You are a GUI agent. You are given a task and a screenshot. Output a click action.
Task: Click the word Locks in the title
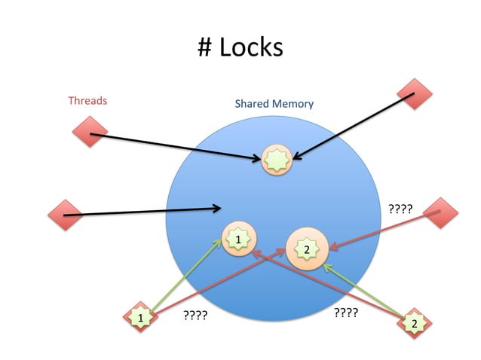[x=252, y=47]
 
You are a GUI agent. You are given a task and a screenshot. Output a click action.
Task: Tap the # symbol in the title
[x=205, y=47]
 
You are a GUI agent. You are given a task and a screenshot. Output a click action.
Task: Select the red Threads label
[x=87, y=100]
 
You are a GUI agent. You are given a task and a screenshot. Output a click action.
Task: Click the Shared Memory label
[x=274, y=103]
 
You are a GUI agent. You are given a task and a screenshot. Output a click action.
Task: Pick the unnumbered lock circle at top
[x=277, y=159]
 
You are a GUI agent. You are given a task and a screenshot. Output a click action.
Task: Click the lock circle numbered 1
[x=237, y=239]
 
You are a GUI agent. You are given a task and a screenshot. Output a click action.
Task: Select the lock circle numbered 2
[x=306, y=248]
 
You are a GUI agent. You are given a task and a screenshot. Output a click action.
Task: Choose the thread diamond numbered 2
[x=414, y=323]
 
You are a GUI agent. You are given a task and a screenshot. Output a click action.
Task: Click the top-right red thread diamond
[x=414, y=94]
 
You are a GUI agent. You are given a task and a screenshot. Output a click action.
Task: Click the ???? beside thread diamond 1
[x=195, y=318]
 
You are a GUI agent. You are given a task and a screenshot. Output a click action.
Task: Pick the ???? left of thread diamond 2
[x=345, y=312]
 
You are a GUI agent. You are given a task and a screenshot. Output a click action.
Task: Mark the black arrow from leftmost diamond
[x=143, y=212]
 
